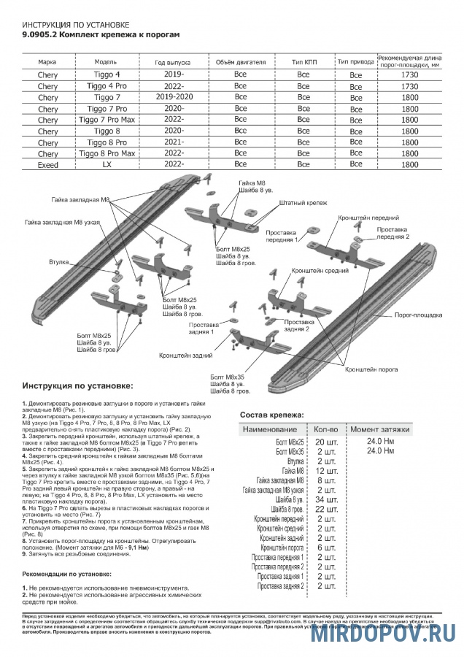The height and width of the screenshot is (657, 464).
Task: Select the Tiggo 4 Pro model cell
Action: pyautogui.click(x=108, y=86)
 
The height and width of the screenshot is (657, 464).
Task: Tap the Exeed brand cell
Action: pyautogui.click(x=47, y=166)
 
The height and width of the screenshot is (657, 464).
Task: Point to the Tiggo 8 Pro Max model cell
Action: pyautogui.click(x=108, y=154)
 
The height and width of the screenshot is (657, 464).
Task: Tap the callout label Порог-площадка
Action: pyautogui.click(x=418, y=315)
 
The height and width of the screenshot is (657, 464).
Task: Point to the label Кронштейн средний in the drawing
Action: pyautogui.click(x=315, y=270)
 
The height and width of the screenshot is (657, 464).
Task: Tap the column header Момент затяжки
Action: pyautogui.click(x=379, y=429)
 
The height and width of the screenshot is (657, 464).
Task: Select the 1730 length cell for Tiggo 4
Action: pyautogui.click(x=409, y=75)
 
